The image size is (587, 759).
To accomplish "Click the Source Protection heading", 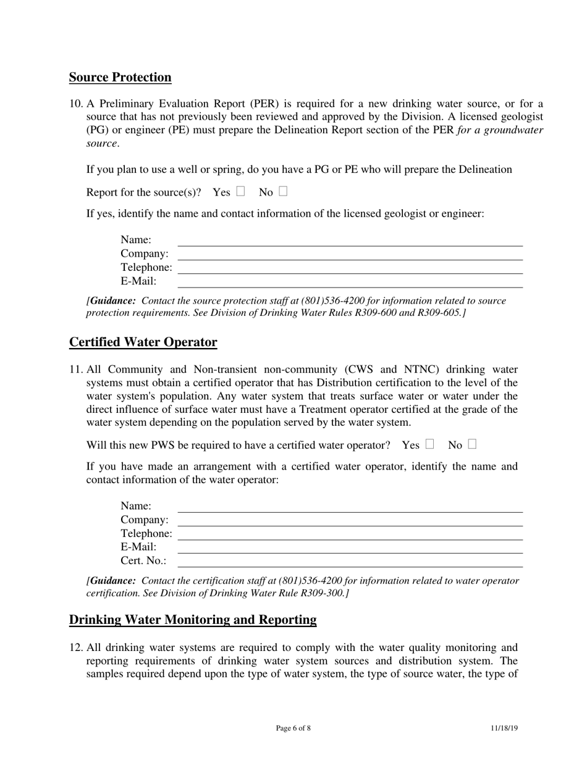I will [x=120, y=77].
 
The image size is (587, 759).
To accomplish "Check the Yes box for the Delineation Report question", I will [x=240, y=191].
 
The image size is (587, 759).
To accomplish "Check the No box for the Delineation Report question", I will [x=283, y=191].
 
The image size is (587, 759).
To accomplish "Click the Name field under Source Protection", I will [x=350, y=240].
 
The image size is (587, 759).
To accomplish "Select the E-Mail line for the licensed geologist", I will [x=350, y=281].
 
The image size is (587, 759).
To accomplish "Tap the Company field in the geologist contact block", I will [x=350, y=254].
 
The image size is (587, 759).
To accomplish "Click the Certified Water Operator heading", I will [x=143, y=342].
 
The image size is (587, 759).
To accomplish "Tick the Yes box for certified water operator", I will [x=429, y=444].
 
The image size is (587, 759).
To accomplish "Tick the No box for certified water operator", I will [x=472, y=444].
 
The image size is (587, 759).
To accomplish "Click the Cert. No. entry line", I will [x=350, y=561].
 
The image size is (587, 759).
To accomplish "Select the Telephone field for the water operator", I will [x=350, y=534].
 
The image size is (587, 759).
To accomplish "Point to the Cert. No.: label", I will [x=143, y=561].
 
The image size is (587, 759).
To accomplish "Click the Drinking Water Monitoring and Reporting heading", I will [x=193, y=620].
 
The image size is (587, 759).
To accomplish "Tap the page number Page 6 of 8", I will [x=293, y=728].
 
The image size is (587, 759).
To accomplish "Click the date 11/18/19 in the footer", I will [x=504, y=728].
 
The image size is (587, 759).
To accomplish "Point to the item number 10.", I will [x=75, y=104].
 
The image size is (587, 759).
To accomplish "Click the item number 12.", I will [x=75, y=647].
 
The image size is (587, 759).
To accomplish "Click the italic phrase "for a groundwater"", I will [x=500, y=130].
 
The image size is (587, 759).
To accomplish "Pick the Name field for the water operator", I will [x=350, y=507].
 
